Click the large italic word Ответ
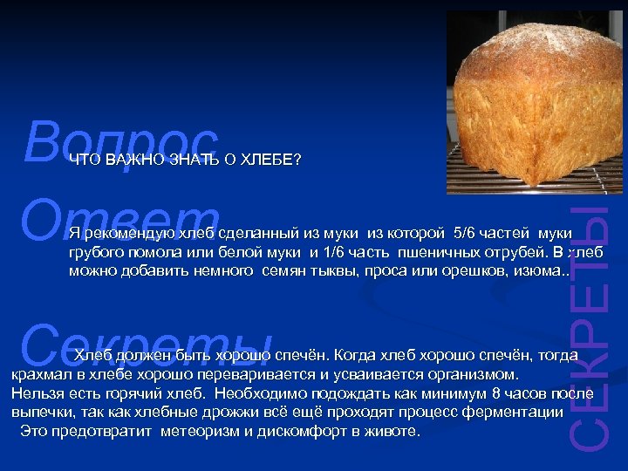click(x=122, y=218)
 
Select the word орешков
click(x=454, y=270)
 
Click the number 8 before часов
click(x=496, y=393)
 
